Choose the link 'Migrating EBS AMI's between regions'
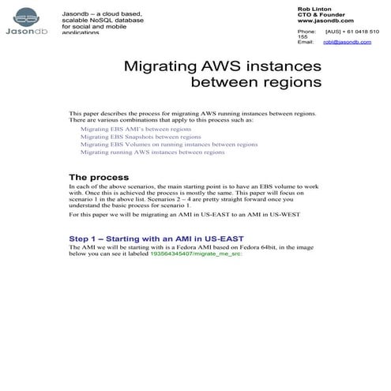tap(135, 128)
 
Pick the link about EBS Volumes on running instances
tap(168, 145)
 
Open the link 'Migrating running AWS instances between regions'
tap(152, 152)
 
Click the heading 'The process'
tap(99, 177)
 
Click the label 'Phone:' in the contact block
tap(306, 31)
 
